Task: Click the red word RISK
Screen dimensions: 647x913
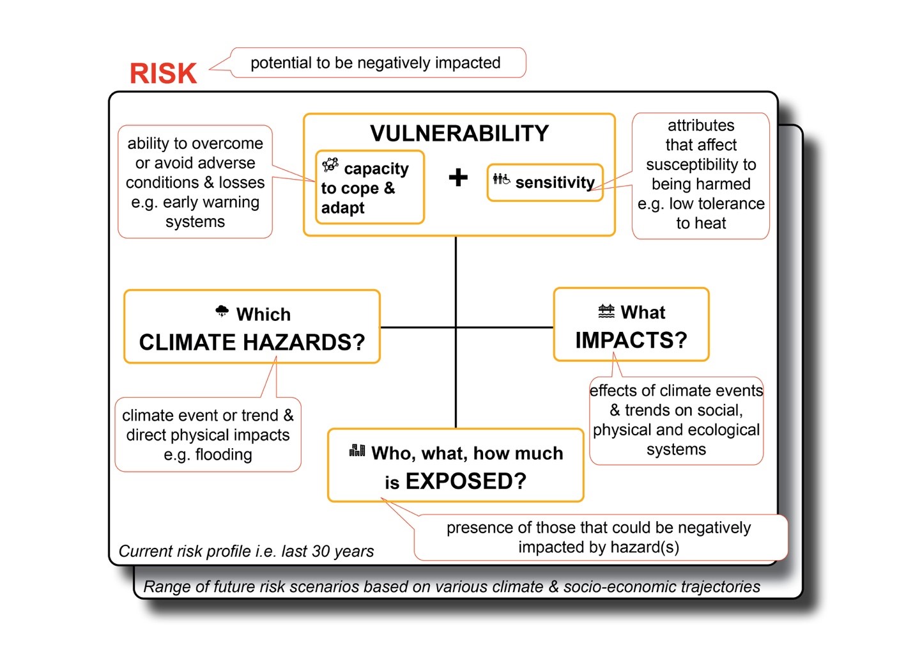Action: tap(163, 74)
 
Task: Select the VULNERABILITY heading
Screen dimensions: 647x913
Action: tap(459, 133)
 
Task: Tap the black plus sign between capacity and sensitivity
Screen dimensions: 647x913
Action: tap(458, 177)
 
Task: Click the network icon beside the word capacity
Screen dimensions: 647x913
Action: tap(330, 165)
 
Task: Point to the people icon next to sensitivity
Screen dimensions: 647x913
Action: tap(501, 180)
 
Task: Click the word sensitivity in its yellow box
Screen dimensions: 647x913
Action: tap(555, 183)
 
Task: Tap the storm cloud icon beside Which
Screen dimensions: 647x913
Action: tap(222, 311)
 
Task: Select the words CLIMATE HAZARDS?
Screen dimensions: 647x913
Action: tap(252, 343)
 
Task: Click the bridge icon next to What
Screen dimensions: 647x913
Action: tap(606, 311)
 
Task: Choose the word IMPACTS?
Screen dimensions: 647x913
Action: tap(631, 340)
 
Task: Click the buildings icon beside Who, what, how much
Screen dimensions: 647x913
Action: tap(357, 451)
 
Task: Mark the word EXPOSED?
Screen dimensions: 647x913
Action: tap(466, 481)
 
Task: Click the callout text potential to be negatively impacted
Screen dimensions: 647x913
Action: tap(375, 63)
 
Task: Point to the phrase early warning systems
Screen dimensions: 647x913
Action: tap(195, 212)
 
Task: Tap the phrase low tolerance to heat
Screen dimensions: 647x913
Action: tap(701, 214)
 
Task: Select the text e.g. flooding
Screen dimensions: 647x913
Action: tap(208, 455)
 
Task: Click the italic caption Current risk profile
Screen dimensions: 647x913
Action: tap(246, 551)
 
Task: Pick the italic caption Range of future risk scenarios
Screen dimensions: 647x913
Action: tap(451, 587)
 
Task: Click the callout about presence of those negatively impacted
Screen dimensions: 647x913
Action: tap(598, 537)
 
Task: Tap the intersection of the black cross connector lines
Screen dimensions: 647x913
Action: tap(456, 327)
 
